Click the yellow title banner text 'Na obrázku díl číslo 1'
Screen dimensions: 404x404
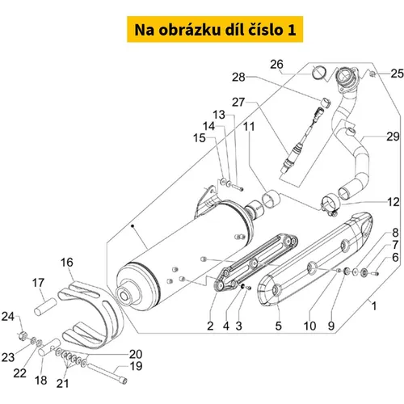[x=215, y=30]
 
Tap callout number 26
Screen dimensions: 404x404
[x=276, y=65]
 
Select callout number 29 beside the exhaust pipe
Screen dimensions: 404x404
[x=393, y=137]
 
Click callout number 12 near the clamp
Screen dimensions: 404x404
[x=393, y=202]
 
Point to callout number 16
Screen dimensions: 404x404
[x=67, y=262]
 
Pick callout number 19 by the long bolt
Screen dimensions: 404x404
[x=136, y=366]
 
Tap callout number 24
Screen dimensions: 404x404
[x=8, y=317]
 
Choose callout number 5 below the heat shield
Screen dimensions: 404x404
[x=278, y=326]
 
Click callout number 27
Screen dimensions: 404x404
[x=238, y=103]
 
